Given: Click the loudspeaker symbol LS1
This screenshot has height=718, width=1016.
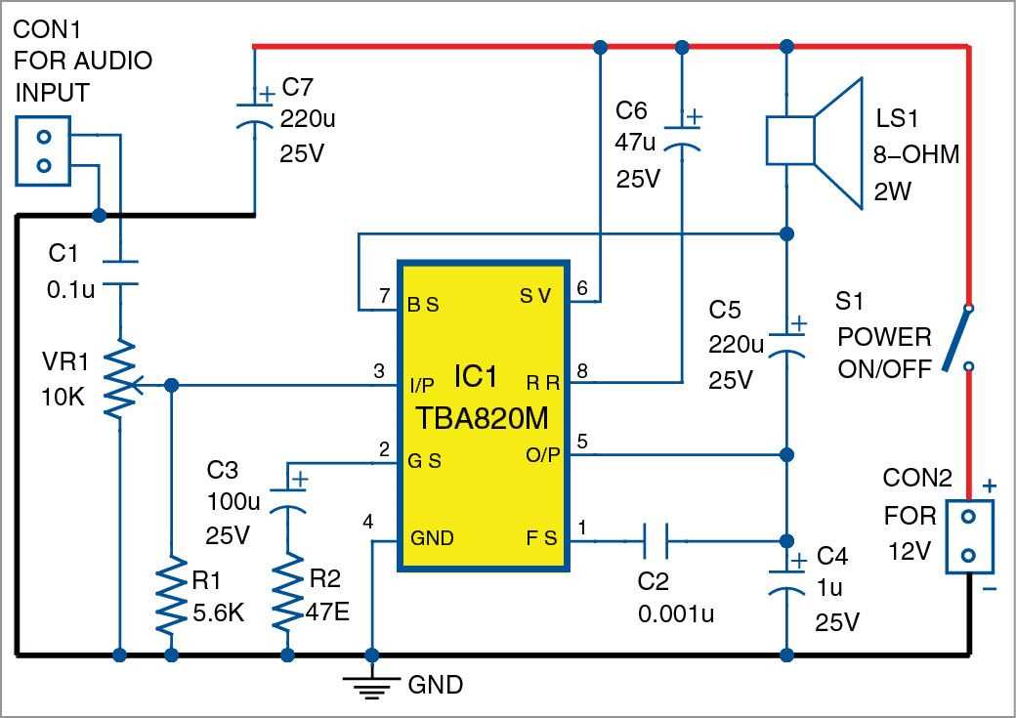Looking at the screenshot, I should [x=813, y=143].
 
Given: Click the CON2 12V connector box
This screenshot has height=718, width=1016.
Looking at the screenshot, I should [x=968, y=536].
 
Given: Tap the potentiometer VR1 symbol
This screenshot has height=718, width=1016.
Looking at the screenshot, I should [x=119, y=381].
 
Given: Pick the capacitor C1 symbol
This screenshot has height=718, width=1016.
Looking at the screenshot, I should [x=119, y=273].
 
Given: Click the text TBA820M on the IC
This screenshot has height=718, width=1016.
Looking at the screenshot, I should [x=483, y=418].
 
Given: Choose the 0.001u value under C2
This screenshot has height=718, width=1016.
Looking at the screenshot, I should [x=676, y=613].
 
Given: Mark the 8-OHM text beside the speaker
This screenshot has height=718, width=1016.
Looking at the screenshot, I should [x=916, y=154].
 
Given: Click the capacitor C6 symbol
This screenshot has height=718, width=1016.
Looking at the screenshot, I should [x=681, y=135].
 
